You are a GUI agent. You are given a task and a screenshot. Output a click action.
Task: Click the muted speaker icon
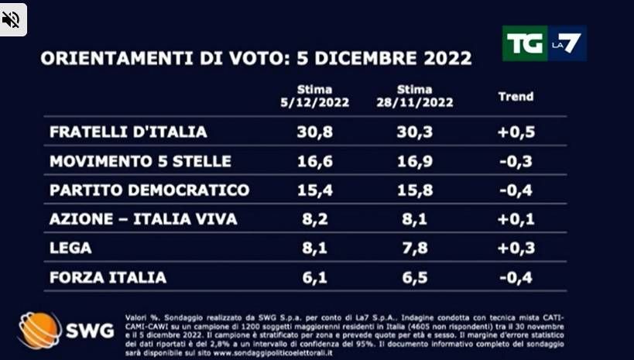[12, 19]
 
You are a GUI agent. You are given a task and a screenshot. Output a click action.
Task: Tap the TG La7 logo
[543, 43]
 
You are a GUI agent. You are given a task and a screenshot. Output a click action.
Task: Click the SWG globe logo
[39, 330]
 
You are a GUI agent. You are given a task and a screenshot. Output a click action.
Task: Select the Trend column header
[515, 97]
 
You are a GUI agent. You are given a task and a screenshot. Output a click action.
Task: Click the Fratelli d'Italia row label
[128, 132]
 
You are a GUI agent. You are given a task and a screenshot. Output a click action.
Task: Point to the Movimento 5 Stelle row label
[140, 161]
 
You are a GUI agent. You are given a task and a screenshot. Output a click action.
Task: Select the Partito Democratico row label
[149, 190]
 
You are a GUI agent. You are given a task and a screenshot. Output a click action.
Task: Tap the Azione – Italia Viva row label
[143, 220]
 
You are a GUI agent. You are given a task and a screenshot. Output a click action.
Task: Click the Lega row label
[70, 249]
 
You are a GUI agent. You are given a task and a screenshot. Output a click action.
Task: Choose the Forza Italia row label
[108, 277]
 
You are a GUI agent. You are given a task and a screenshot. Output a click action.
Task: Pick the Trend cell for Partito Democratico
[515, 190]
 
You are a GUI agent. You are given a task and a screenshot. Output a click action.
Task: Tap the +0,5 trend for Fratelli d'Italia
[515, 132]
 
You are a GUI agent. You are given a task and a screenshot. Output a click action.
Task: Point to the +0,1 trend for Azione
[515, 220]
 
